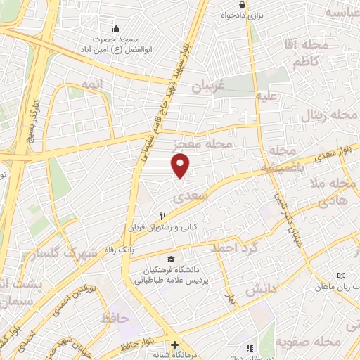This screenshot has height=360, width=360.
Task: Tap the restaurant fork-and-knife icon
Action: [163, 216]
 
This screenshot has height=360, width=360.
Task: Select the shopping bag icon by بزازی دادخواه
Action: [242, 4]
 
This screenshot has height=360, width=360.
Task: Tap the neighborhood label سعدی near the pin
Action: [195, 197]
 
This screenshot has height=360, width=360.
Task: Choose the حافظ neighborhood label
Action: [115, 318]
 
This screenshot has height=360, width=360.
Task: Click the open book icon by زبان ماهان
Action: [342, 276]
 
